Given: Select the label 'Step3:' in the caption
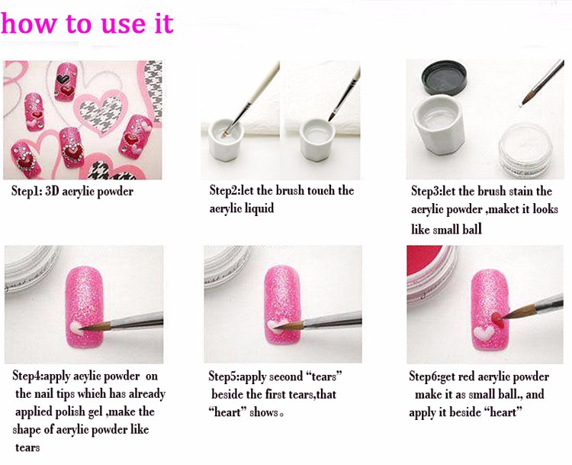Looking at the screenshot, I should (428, 191).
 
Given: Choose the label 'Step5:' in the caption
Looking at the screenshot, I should (227, 376).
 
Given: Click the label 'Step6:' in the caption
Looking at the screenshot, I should (427, 376).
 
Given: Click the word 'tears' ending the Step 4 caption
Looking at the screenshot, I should (27, 447).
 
